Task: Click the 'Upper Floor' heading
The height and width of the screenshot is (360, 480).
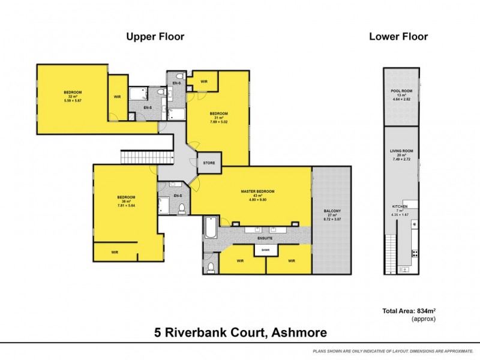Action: pos(155,37)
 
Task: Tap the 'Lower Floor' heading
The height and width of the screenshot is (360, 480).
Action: pos(398,37)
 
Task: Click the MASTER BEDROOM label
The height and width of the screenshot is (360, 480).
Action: pos(257,191)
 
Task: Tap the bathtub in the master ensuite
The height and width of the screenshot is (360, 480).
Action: pos(210,229)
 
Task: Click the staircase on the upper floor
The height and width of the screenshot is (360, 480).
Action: pos(139,158)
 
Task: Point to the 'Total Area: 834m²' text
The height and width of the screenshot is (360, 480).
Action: pos(408,311)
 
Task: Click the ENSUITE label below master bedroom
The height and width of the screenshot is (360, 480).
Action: pos(265,238)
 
